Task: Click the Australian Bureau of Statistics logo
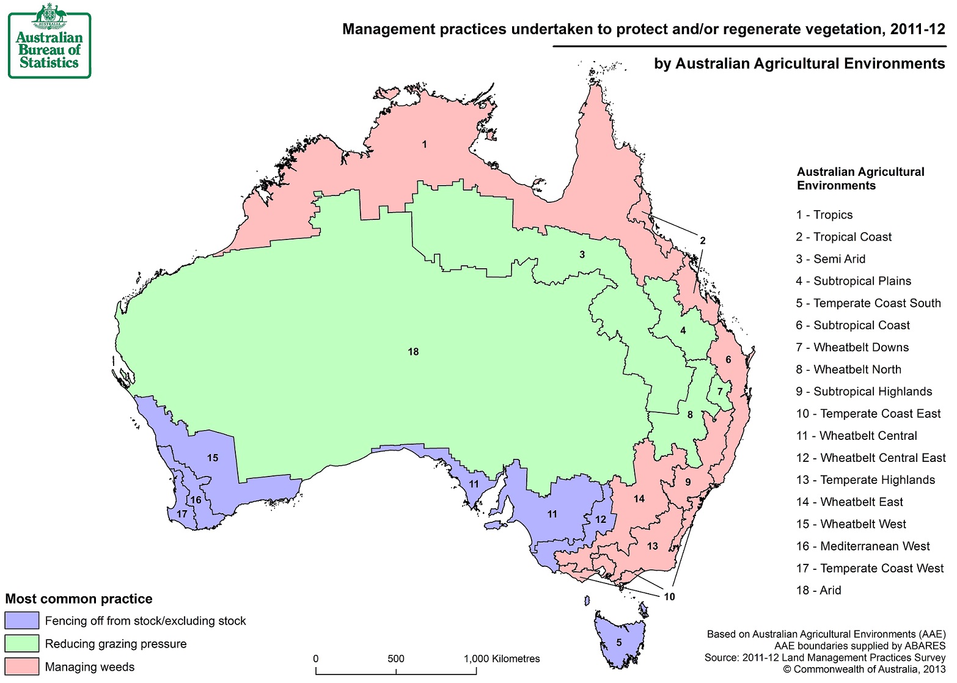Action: [50, 41]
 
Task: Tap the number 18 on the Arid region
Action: [413, 352]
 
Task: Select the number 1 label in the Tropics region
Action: [424, 145]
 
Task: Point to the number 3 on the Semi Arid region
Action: [582, 255]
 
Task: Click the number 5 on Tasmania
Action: [618, 643]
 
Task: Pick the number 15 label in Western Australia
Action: [212, 458]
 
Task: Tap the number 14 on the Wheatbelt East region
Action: [639, 499]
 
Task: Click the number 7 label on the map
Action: [720, 392]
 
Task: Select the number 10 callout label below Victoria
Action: [669, 597]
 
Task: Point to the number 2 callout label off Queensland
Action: [703, 241]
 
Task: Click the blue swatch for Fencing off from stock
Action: [22, 621]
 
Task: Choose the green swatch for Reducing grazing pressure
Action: [22, 644]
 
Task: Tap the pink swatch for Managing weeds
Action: [22, 667]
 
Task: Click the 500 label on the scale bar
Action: [396, 659]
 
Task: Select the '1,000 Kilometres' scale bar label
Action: [502, 659]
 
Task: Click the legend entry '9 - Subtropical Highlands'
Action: [864, 392]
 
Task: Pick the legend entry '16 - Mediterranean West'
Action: [862, 546]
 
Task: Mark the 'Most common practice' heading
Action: [79, 599]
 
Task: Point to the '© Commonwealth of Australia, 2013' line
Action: [864, 670]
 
